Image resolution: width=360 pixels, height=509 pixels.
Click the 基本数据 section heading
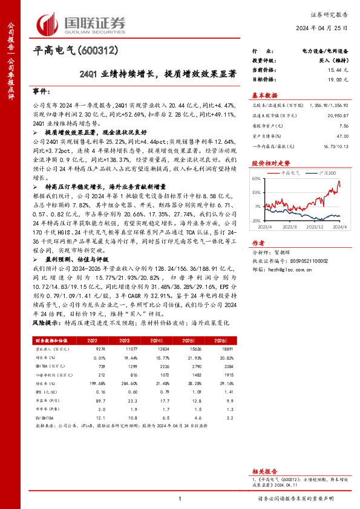264,95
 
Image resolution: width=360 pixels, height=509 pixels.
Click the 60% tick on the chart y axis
257,178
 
